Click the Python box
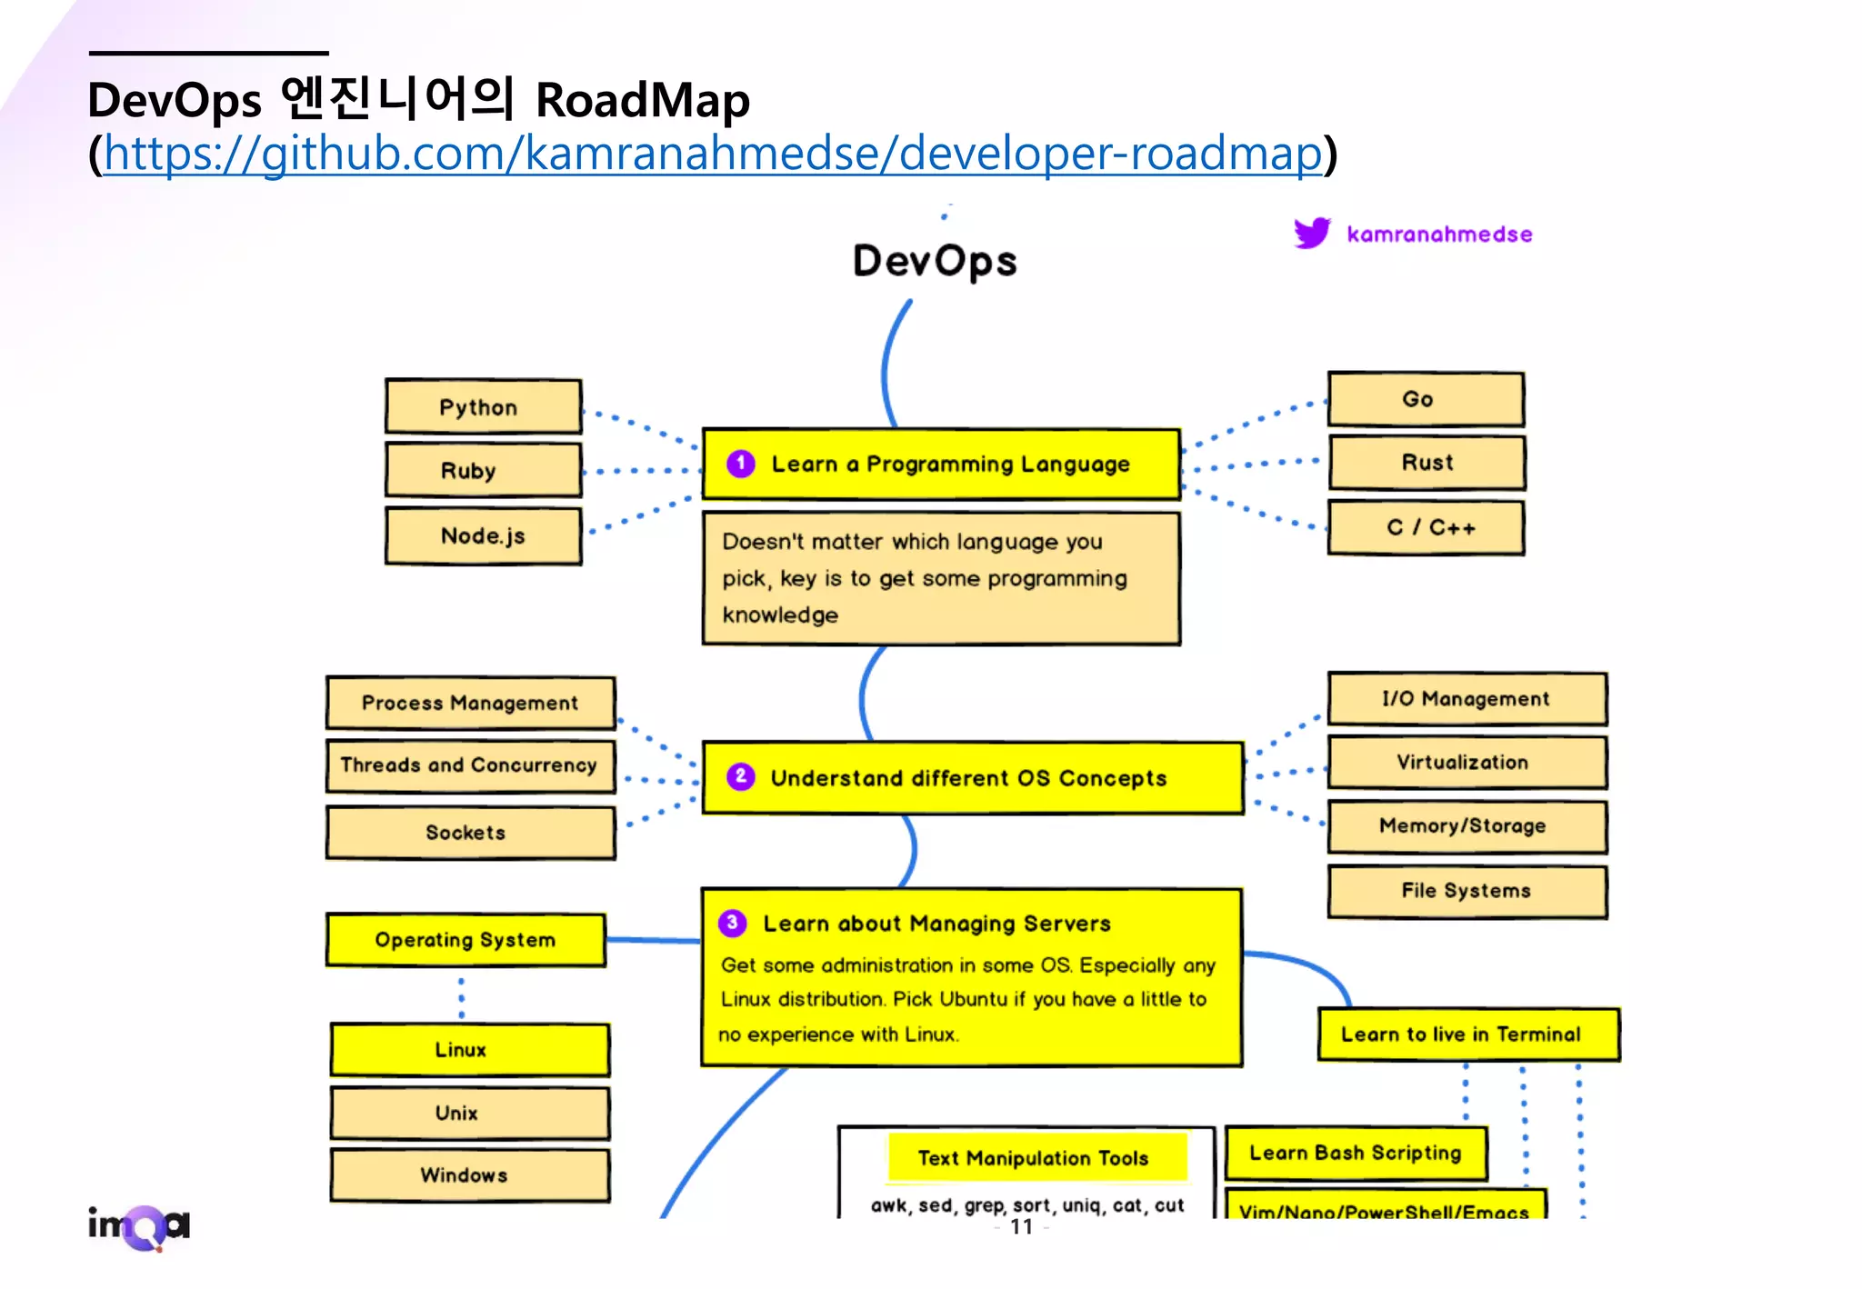tap(483, 406)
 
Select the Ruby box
tap(483, 470)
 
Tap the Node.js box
tap(483, 535)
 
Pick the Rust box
tap(1426, 463)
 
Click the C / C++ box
tap(1426, 527)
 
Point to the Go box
tap(1425, 399)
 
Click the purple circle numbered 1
tap(741, 464)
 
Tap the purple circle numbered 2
tap(741, 776)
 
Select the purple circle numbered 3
tap(732, 923)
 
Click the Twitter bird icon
tap(1312, 233)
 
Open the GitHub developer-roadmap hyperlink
tap(712, 153)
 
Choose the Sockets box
tap(470, 832)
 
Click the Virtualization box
tap(1467, 762)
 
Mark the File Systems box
tap(1467, 891)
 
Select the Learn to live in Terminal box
tap(1467, 1034)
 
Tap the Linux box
tap(469, 1050)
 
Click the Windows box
tap(469, 1175)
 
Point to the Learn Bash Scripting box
tap(1355, 1153)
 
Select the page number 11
tap(1021, 1227)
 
